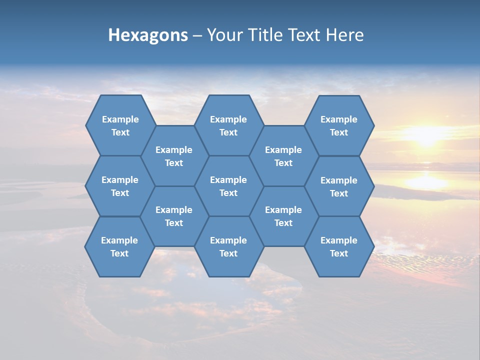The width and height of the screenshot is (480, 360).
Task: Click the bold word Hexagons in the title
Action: point(148,35)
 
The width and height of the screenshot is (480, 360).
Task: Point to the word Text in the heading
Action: point(305,35)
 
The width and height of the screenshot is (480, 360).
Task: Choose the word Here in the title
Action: point(344,35)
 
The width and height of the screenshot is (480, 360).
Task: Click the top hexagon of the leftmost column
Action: point(120,125)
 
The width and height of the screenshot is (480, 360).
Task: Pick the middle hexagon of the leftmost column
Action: point(120,186)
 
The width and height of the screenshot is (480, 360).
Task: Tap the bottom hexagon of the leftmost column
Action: point(119,246)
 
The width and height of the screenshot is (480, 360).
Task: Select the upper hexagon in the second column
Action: point(174,156)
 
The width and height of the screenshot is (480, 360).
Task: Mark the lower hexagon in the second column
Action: point(174,216)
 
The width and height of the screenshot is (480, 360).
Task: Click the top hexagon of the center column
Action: point(228,125)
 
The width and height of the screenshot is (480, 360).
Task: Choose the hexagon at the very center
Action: point(228,186)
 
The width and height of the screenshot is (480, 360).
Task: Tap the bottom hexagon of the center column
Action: point(228,246)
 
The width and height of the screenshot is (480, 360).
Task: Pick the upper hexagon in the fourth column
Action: point(283,156)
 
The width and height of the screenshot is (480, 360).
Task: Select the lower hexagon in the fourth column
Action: point(283,216)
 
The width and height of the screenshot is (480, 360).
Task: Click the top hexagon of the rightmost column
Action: point(339,125)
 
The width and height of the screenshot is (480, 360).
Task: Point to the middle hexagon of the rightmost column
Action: point(339,186)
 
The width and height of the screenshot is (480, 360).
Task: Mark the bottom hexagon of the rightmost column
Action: point(339,246)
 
